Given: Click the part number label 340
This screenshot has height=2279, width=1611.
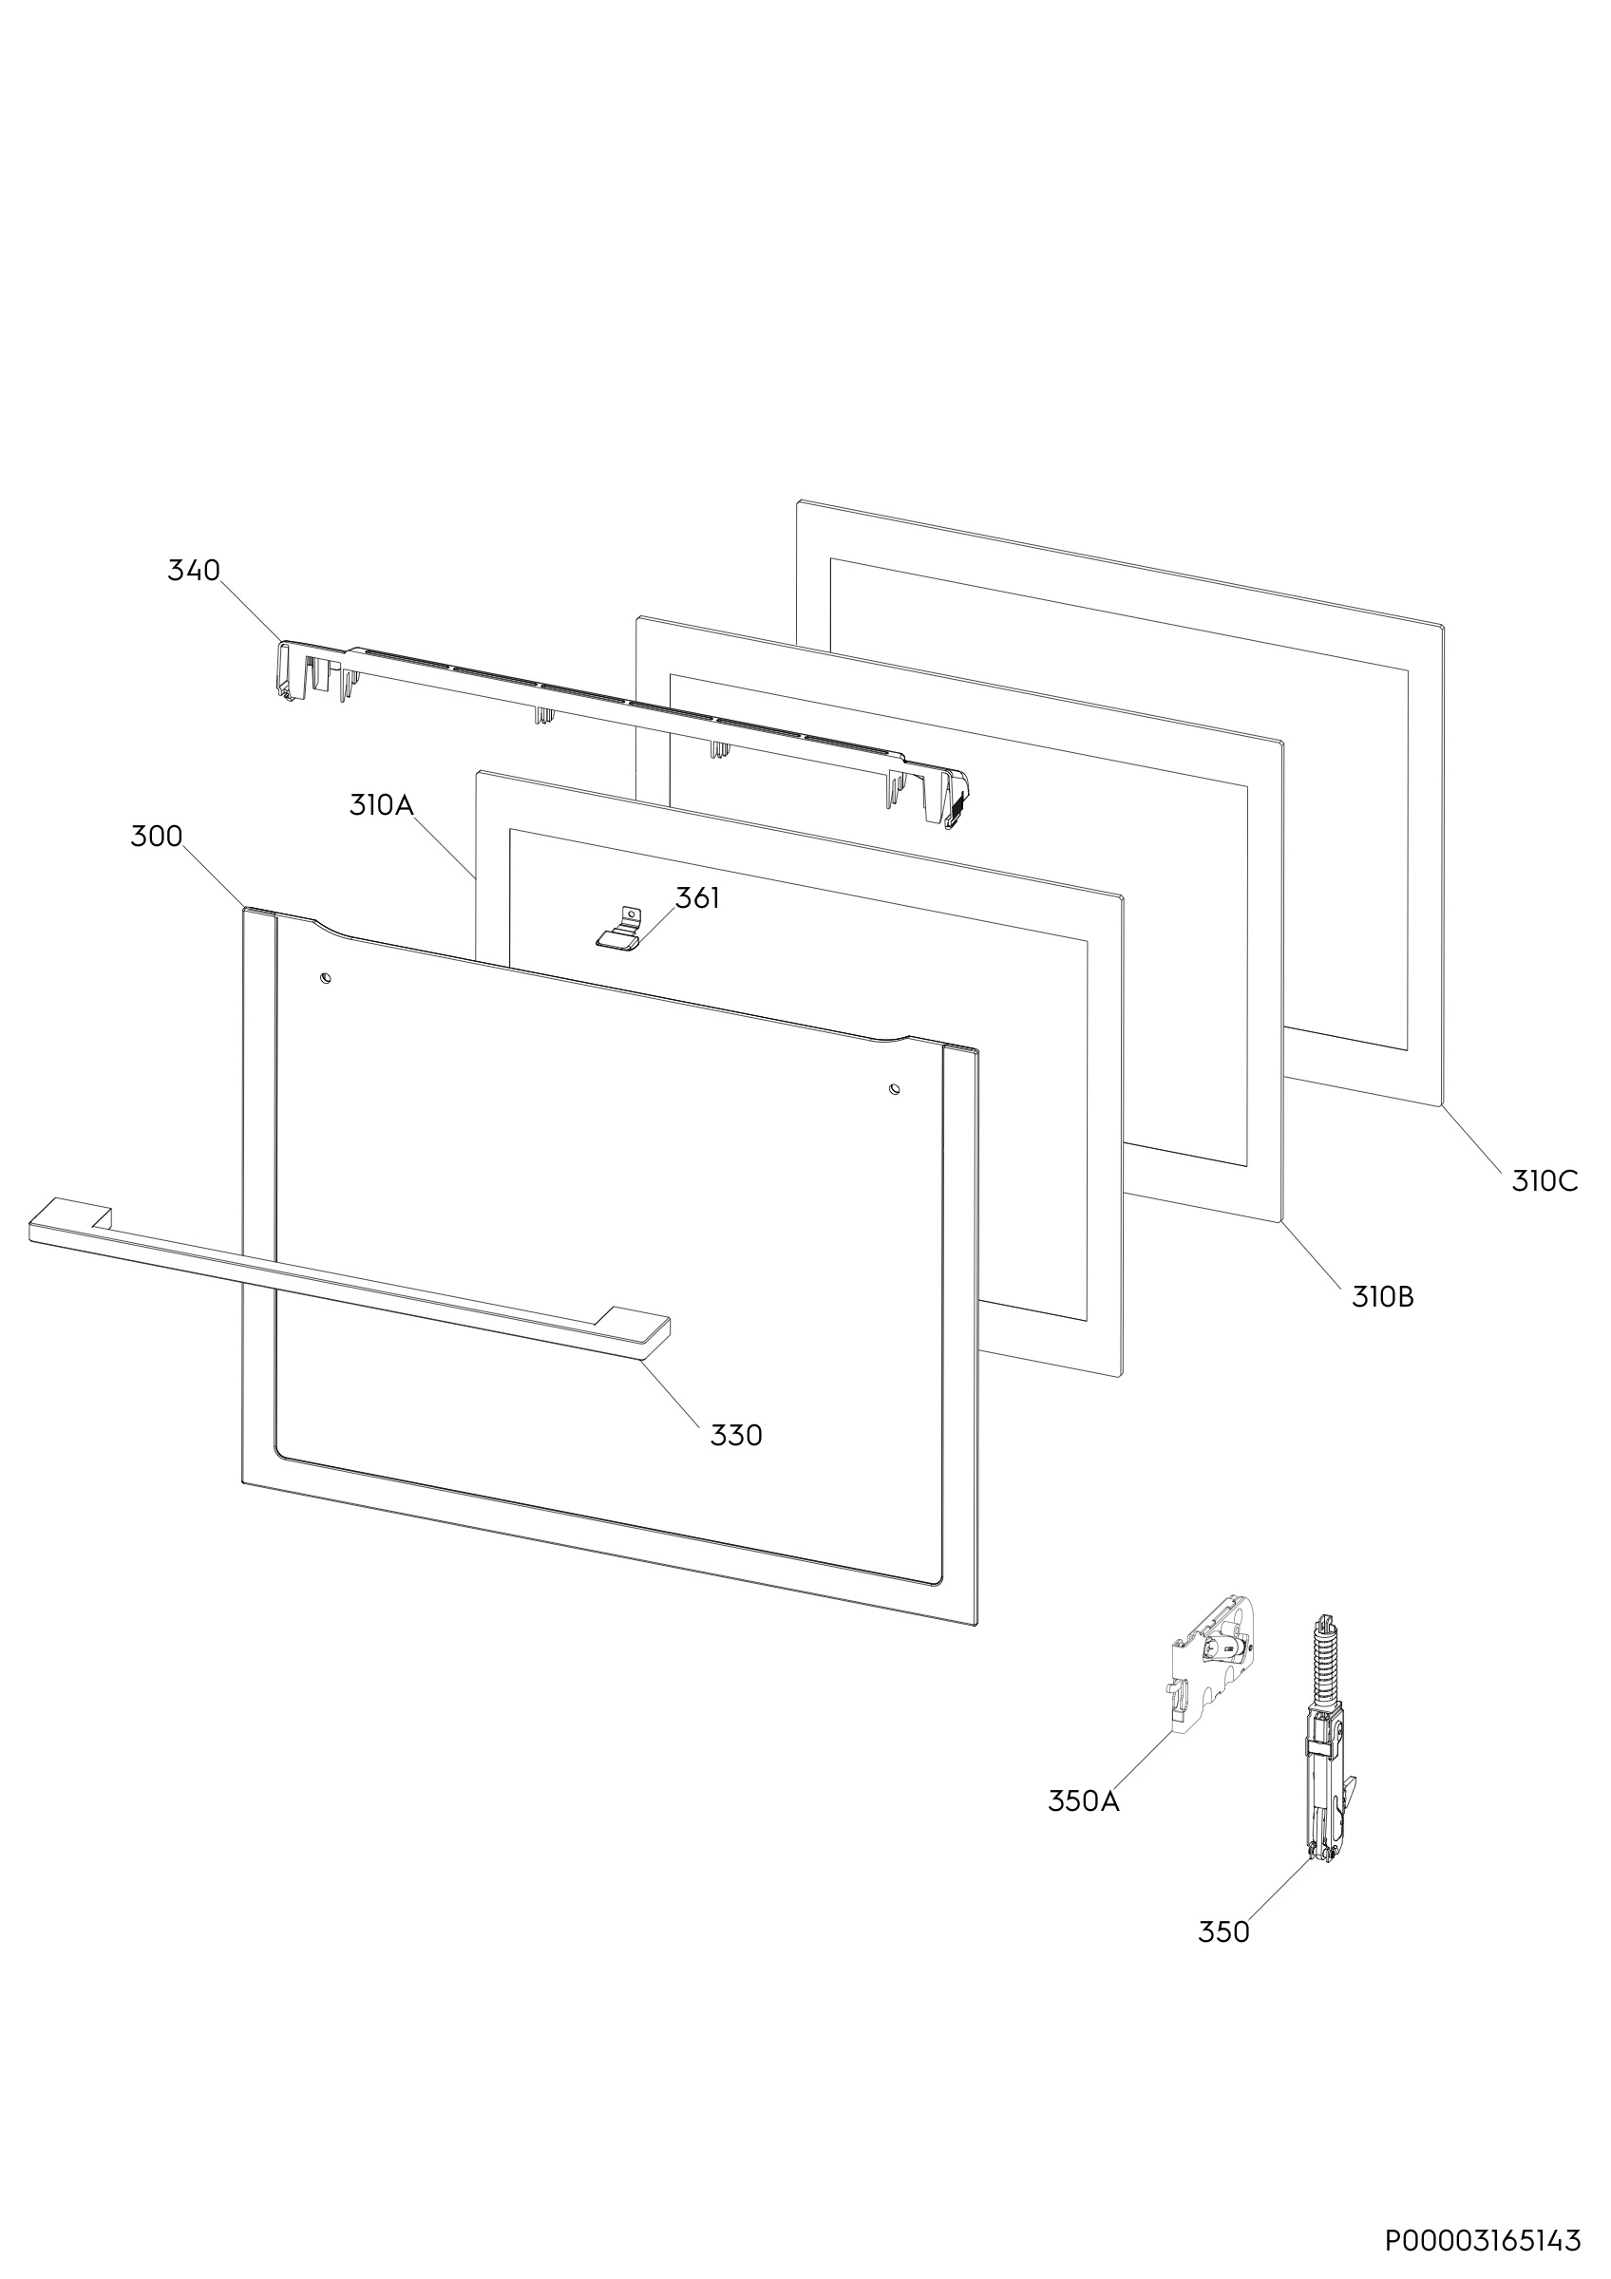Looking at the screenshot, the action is (x=194, y=571).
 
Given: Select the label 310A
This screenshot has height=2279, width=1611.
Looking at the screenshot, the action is (x=381, y=805).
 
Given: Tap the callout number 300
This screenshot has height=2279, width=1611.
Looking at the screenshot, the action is (x=157, y=837).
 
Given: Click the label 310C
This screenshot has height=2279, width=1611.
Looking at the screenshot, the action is (x=1545, y=1182).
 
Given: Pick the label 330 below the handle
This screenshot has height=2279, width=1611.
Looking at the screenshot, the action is (x=736, y=1435).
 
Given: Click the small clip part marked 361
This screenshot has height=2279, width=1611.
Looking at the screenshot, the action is (x=620, y=929).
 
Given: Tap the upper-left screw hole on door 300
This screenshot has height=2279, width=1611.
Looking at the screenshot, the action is (x=325, y=980).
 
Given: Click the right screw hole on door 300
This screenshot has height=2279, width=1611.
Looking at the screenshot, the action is (x=895, y=1089).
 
